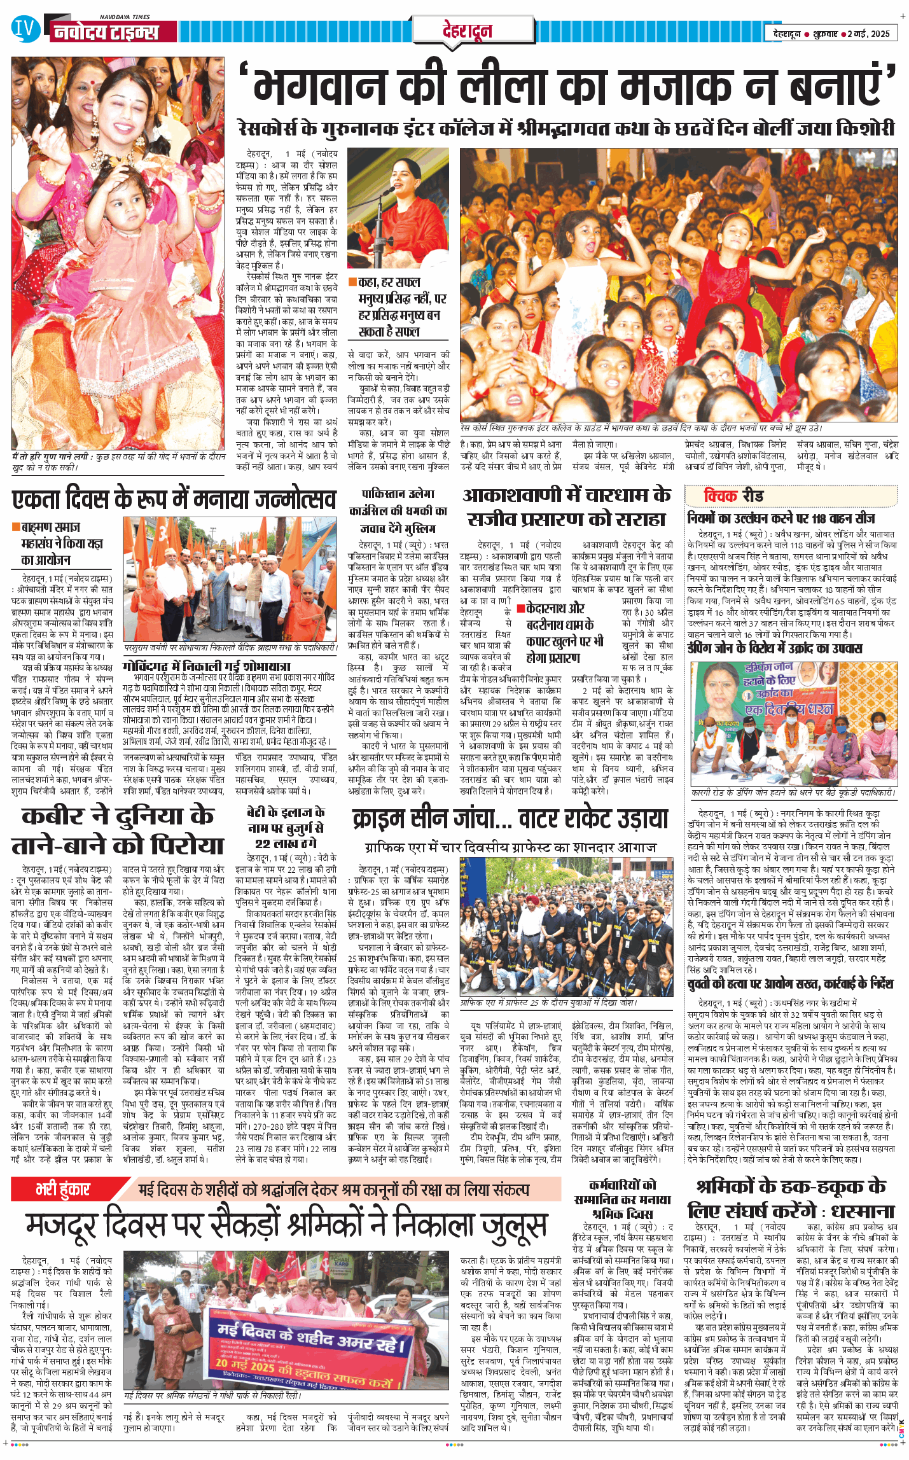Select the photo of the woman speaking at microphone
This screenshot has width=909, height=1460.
[398, 207]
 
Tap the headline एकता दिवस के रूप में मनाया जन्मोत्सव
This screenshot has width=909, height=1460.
[173, 499]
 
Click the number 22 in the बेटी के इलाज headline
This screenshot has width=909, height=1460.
[263, 844]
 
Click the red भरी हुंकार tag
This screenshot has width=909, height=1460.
[63, 1189]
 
